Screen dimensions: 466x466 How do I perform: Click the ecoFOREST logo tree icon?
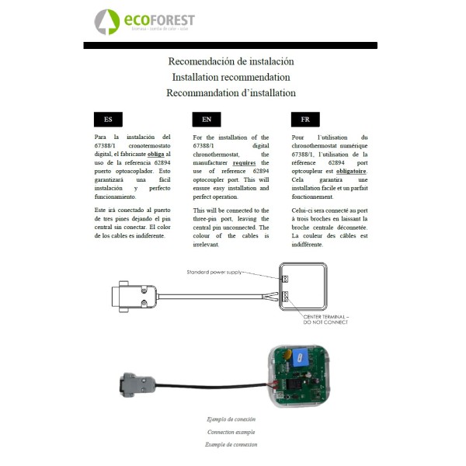(x=107, y=22)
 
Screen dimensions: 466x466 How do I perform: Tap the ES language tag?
(x=108, y=120)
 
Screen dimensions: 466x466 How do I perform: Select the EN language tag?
(x=207, y=120)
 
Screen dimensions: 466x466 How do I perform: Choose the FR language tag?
(x=305, y=120)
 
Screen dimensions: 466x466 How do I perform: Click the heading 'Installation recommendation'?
(x=231, y=77)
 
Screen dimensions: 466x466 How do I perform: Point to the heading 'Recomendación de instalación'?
(x=231, y=61)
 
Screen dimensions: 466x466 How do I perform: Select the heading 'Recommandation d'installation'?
(x=231, y=92)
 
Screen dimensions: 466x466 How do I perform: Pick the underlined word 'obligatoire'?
(x=351, y=171)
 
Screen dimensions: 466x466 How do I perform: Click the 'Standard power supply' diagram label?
(x=215, y=273)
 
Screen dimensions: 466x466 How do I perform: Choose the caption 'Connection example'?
(x=231, y=432)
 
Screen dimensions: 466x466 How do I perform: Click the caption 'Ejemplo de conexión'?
(x=231, y=419)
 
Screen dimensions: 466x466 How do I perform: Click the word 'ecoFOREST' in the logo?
(x=160, y=19)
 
